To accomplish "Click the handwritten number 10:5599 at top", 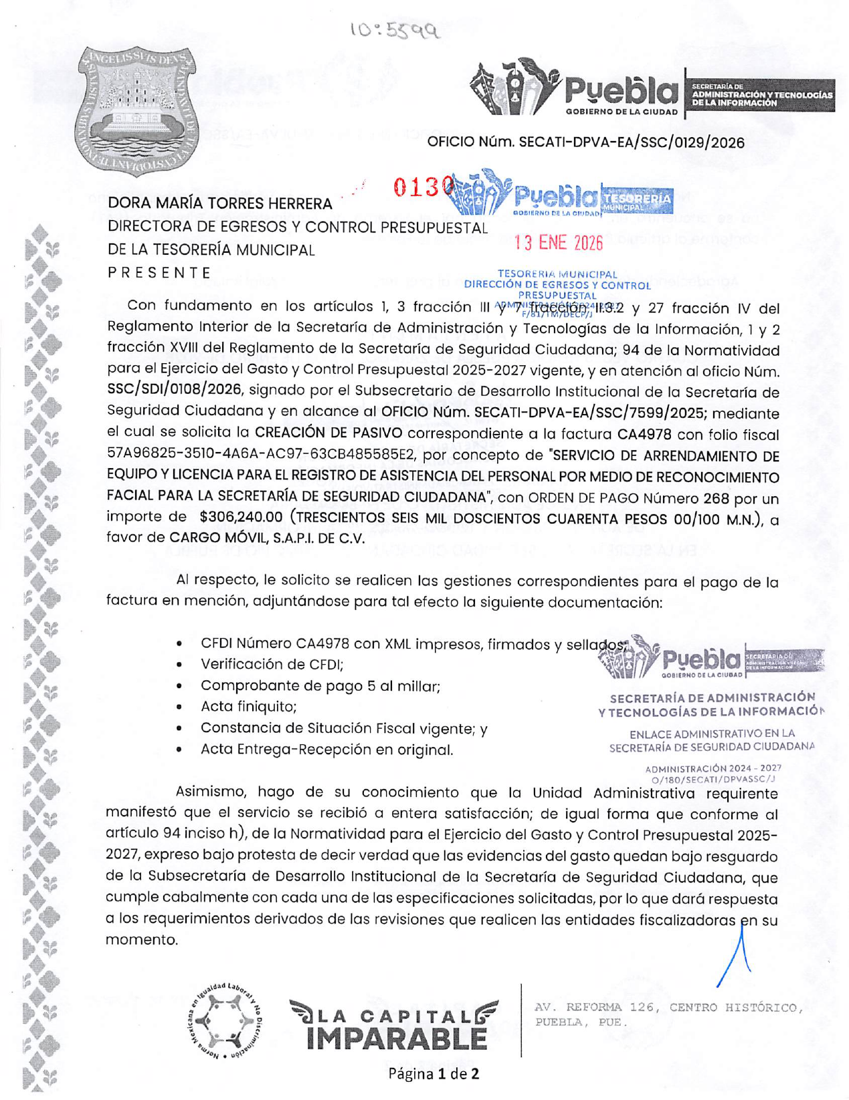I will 395,30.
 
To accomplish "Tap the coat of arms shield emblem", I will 135,110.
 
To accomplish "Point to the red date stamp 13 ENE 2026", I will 558,243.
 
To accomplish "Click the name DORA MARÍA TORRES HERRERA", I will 220,203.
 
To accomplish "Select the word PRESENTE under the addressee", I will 159,273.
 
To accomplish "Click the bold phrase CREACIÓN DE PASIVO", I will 328,434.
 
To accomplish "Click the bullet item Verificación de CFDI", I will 272,665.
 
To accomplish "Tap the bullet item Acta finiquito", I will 248,707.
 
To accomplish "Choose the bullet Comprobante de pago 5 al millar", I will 320,686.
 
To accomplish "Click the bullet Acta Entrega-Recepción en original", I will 326,750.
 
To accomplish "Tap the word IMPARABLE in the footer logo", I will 396,1038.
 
